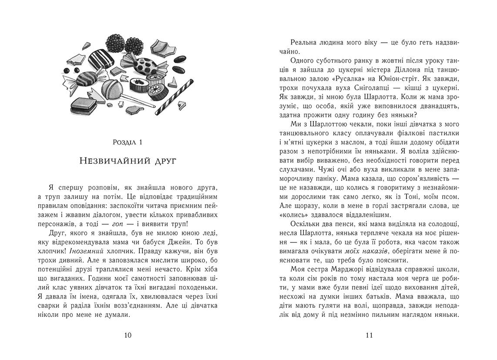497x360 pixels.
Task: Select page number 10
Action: click(x=128, y=335)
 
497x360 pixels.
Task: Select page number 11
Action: click(x=369, y=335)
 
